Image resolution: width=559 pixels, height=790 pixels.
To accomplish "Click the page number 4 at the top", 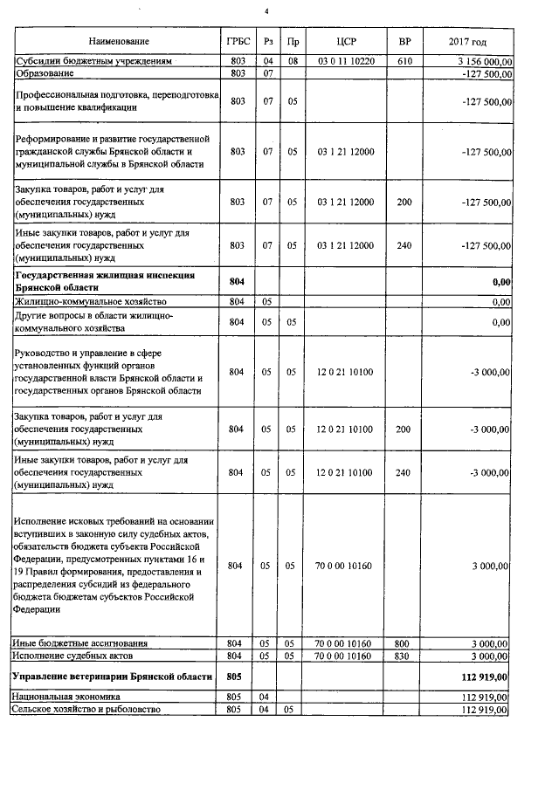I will (x=268, y=10).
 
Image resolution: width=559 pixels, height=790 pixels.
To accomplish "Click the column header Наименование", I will (x=118, y=42).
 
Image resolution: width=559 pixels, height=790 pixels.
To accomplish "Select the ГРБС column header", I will (x=235, y=42).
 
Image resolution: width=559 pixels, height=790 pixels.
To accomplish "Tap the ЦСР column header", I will (x=346, y=42).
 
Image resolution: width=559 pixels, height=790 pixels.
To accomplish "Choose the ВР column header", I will (x=404, y=42).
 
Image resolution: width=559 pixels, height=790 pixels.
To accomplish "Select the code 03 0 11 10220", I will (x=346, y=62).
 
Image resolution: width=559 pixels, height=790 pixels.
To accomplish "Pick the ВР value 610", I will (x=404, y=62).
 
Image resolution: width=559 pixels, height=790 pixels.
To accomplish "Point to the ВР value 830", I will (x=404, y=655).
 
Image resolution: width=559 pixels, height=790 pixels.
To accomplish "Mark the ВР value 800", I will (x=404, y=643).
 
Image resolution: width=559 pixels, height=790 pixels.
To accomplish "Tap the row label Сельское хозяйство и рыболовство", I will (x=88, y=710).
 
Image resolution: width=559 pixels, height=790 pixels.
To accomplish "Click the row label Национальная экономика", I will (x=66, y=697).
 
